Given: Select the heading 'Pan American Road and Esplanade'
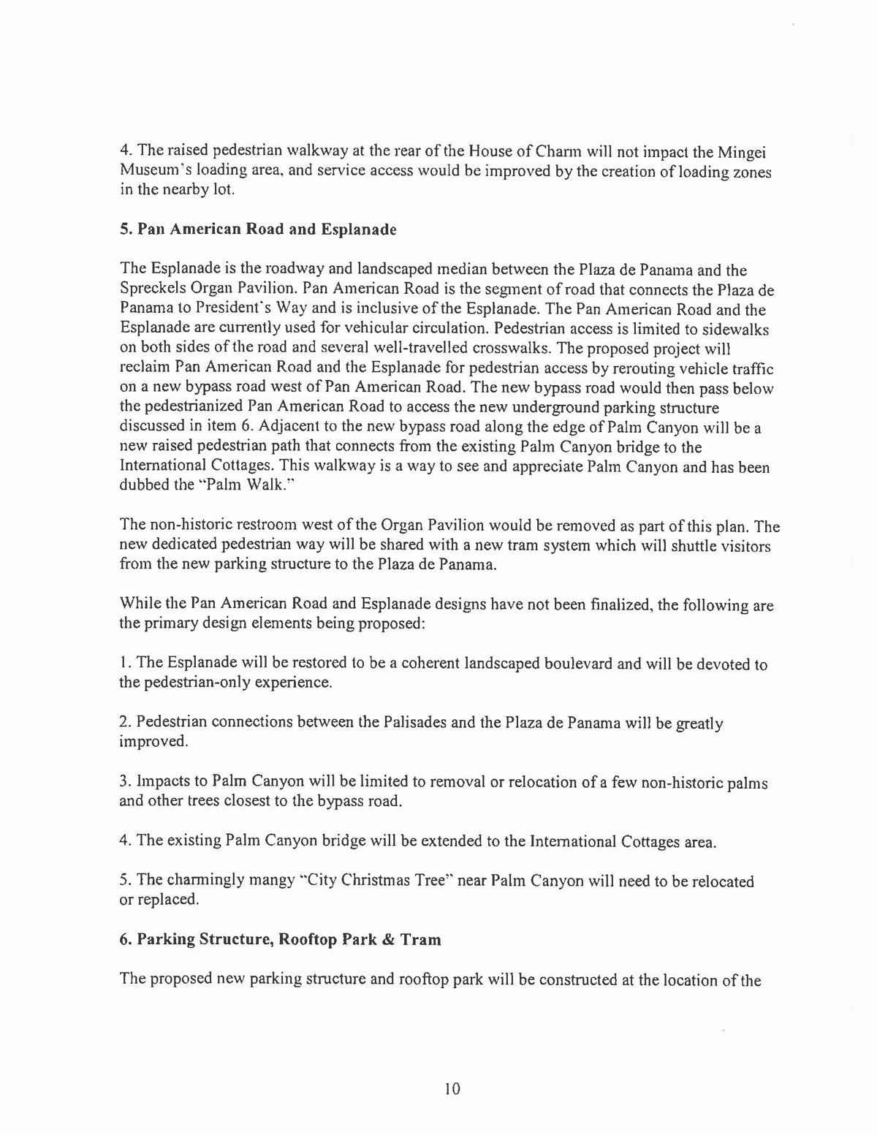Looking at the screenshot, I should [x=258, y=229].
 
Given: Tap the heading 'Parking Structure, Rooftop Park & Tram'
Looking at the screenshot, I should [x=281, y=940].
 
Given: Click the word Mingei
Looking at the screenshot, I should [x=743, y=153].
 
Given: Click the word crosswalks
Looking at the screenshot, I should [x=520, y=348].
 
